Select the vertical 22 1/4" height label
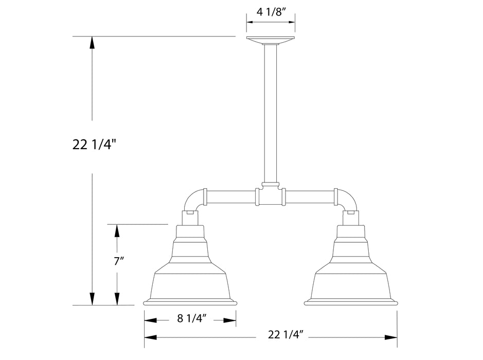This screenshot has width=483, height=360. point(91,146)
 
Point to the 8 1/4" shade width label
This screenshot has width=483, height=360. point(191,319)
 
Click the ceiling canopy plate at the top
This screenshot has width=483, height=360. point(271,40)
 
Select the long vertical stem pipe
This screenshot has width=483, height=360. point(271,113)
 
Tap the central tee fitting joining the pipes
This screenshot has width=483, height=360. point(271,195)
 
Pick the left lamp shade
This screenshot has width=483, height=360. point(191,273)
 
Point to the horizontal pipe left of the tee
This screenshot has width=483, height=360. point(231,196)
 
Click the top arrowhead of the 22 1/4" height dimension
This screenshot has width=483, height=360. point(92,42)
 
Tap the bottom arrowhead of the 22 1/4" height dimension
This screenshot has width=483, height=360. point(92,299)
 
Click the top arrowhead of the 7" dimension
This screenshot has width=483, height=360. point(117,230)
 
